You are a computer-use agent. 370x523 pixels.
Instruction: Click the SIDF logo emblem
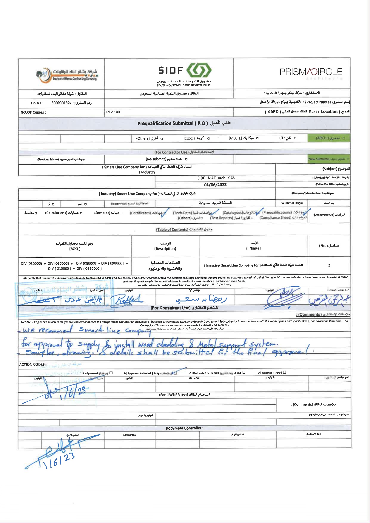(x=199, y=71)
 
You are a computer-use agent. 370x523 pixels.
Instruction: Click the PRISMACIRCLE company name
(x=311, y=72)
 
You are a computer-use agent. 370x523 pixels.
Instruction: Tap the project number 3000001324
(x=61, y=103)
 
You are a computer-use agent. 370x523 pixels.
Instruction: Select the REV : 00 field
(x=113, y=112)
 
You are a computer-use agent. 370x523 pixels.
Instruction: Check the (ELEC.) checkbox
(x=209, y=138)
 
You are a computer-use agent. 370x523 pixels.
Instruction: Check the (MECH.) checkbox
(x=257, y=138)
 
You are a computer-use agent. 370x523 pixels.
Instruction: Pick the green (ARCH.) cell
(x=329, y=138)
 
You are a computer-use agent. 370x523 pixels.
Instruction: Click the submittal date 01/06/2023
(x=215, y=185)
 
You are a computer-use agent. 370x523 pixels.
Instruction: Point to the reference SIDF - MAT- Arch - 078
(x=216, y=178)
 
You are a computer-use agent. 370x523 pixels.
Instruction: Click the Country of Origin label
(x=291, y=203)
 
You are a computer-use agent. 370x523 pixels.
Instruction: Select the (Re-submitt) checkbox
(x=186, y=159)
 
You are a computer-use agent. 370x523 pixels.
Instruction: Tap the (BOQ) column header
(x=75, y=249)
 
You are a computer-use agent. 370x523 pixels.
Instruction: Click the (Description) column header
(x=165, y=248)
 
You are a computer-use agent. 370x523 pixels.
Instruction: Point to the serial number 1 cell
(x=329, y=265)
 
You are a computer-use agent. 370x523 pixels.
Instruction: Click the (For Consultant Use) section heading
(x=184, y=308)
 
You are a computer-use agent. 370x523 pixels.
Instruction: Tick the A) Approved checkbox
(x=111, y=373)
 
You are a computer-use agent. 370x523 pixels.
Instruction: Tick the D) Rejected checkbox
(x=284, y=372)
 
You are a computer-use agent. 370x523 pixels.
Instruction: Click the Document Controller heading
(x=184, y=428)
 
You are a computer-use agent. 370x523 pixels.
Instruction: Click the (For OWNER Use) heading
(x=184, y=395)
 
